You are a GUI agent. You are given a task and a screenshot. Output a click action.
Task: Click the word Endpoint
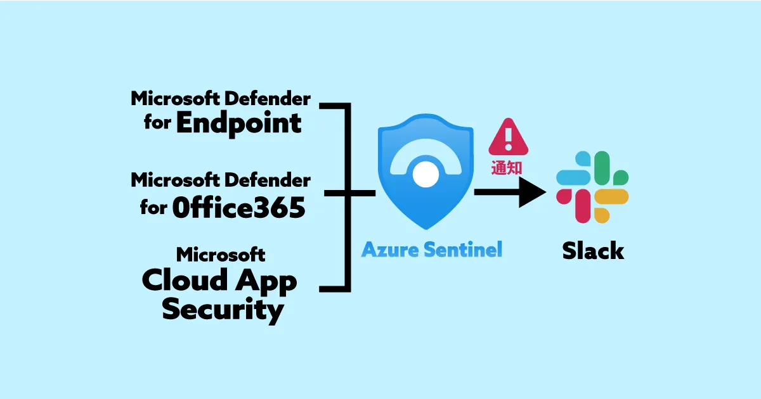[x=238, y=123]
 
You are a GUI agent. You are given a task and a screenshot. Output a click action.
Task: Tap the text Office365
[x=238, y=207]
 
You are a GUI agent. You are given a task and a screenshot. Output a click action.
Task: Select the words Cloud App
[x=219, y=280]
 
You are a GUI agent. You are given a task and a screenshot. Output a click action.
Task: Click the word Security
[x=222, y=310]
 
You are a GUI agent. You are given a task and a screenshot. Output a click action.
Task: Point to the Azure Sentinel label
[x=431, y=250]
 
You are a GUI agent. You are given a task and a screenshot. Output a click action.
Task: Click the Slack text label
[x=593, y=251]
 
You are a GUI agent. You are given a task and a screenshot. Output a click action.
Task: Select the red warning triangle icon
[x=507, y=137]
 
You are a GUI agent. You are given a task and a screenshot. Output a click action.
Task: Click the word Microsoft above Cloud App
[x=221, y=254]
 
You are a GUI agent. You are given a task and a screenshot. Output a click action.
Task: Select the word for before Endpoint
[x=157, y=123]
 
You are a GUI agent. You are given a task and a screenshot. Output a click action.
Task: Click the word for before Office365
[x=154, y=207]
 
